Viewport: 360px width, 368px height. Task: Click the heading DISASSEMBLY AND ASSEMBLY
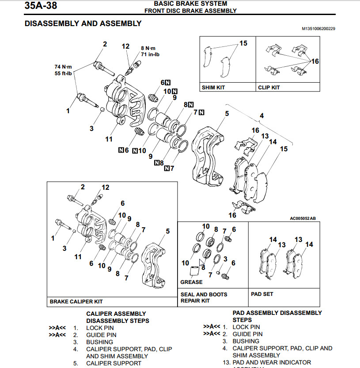pos(83,23)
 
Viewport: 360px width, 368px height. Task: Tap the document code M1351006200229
pos(318,29)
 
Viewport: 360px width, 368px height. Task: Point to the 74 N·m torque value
pos(63,67)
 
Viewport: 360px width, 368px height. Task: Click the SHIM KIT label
pos(213,88)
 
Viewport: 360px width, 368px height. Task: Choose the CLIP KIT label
pos(269,88)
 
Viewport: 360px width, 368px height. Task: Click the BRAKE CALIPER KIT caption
pos(76,301)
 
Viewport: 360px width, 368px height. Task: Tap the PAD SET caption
pos(262,294)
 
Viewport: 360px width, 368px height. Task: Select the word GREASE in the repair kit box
pos(191,282)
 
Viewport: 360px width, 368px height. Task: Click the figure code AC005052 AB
pos(303,218)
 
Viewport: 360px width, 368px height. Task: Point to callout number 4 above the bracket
pos(261,115)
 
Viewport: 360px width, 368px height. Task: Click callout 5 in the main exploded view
pos(227,114)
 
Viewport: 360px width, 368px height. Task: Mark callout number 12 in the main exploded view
pos(126,46)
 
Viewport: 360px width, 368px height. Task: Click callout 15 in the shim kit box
pos(243,43)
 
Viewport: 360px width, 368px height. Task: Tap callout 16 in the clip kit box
pos(315,61)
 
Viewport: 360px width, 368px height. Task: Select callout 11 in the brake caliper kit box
pos(78,257)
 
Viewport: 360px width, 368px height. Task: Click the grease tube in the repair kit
pos(194,273)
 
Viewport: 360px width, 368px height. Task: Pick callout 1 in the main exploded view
pos(68,111)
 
